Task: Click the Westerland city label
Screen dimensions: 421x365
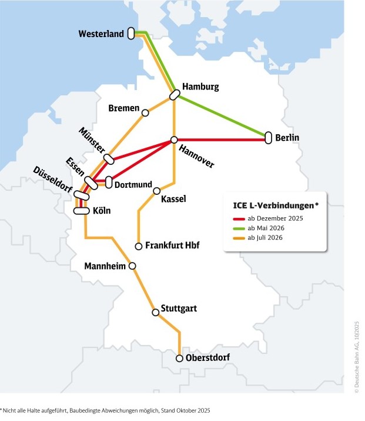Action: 101,34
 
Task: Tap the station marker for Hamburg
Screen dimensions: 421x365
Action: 175,95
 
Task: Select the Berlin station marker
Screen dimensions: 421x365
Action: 269,138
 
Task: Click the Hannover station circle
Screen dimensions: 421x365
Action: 174,140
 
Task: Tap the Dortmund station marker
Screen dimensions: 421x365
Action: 109,183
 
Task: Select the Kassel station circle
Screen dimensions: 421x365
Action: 157,191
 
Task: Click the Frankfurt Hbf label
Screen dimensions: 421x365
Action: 172,246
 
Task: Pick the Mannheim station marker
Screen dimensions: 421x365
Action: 133,266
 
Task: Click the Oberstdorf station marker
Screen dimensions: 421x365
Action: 179,358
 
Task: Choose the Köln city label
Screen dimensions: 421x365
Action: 102,211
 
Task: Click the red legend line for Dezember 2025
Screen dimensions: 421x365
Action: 237,219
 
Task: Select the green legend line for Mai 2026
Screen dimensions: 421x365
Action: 237,228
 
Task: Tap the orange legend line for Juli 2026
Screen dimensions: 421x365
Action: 237,238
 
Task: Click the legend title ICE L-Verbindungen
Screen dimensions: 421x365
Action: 272,206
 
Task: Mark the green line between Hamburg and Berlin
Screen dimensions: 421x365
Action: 223,117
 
